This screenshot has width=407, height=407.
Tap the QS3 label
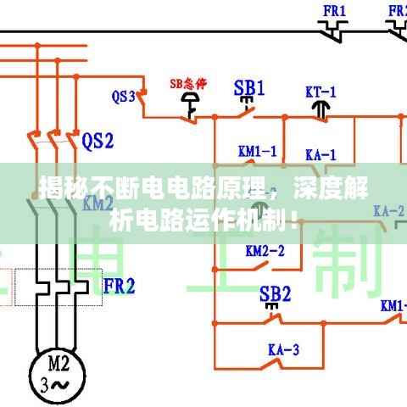click(124, 96)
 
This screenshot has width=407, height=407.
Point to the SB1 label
click(249, 86)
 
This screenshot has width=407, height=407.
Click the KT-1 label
click(321, 90)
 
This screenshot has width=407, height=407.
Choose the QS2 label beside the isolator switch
click(98, 139)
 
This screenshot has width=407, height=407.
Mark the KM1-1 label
click(257, 152)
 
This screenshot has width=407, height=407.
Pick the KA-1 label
click(321, 154)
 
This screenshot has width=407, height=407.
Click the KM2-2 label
click(265, 250)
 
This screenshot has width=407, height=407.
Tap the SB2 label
click(275, 293)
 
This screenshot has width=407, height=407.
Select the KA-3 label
click(284, 348)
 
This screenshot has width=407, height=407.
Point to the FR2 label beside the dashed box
click(119, 286)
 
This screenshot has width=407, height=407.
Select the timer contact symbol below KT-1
click(321, 108)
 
